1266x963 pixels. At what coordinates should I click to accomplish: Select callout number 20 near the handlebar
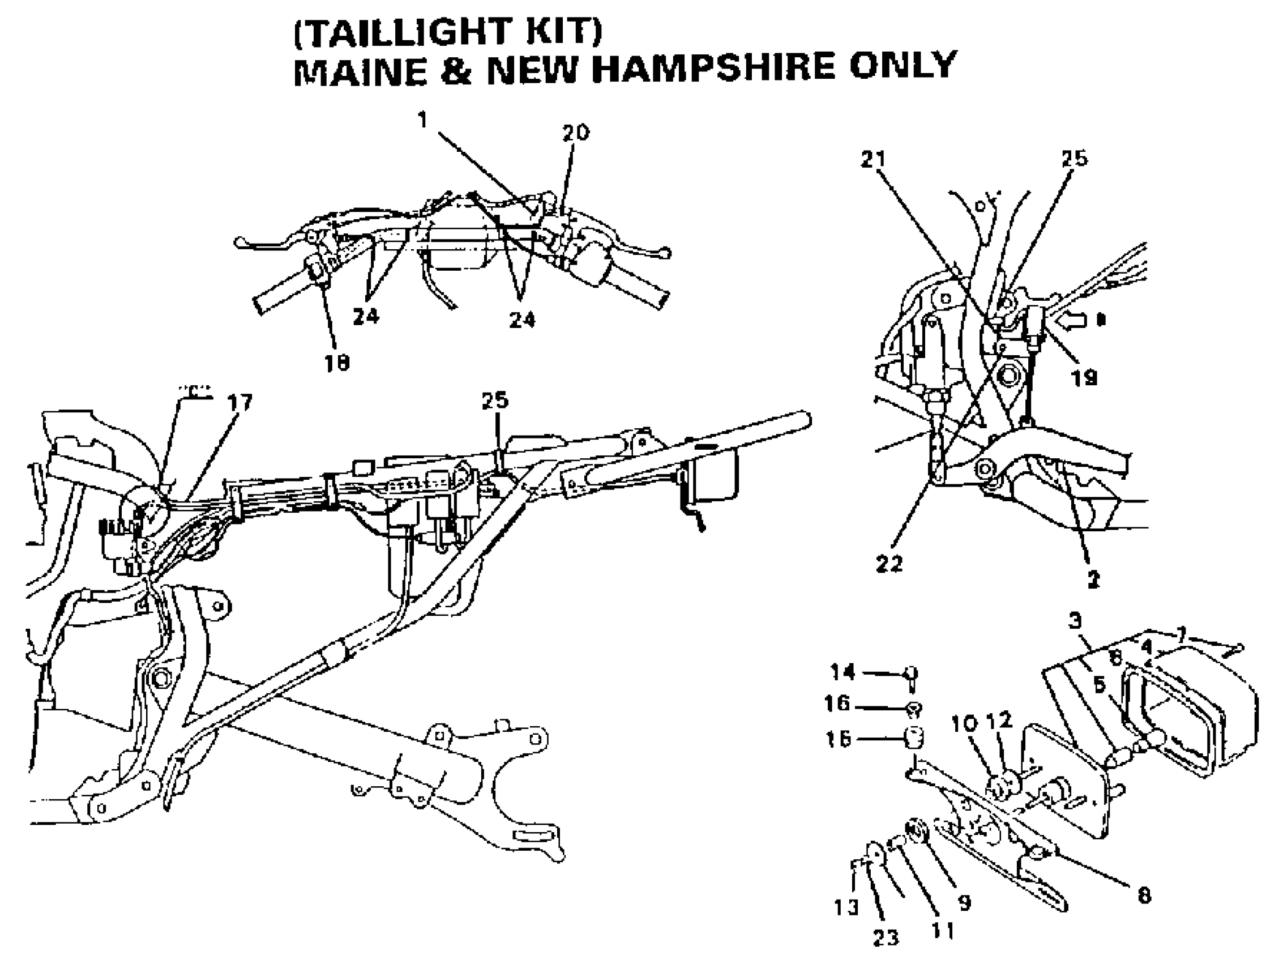(575, 133)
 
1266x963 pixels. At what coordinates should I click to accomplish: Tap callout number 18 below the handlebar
(337, 363)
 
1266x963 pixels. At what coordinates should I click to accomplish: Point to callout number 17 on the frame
(239, 403)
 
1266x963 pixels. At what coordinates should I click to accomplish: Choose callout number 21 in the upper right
(874, 160)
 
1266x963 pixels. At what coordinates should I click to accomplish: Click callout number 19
(1084, 378)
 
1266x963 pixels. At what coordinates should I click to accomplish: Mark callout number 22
(889, 564)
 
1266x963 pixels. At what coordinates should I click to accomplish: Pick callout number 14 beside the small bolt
(843, 671)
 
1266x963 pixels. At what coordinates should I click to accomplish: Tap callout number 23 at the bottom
(886, 938)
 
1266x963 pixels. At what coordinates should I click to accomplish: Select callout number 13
(846, 907)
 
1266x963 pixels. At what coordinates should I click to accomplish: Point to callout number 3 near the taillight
(1075, 620)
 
